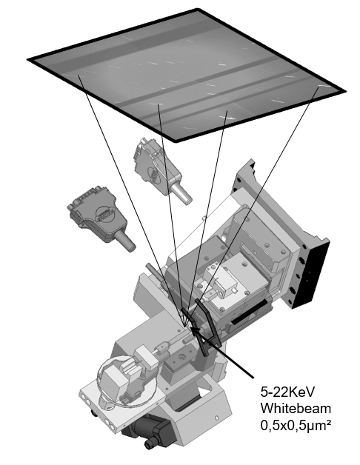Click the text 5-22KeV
(287, 392)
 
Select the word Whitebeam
(296, 409)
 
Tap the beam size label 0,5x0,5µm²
(296, 426)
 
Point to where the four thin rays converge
(185, 326)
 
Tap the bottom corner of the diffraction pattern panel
(176, 141)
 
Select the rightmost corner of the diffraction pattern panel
(345, 91)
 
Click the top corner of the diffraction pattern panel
(197, 9)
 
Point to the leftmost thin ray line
(130, 199)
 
